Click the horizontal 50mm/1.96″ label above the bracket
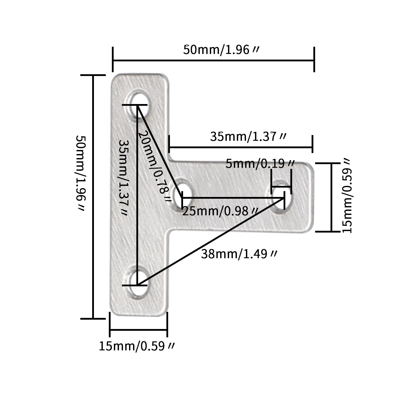[221, 50]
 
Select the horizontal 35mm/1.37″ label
[248, 137]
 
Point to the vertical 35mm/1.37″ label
[124, 178]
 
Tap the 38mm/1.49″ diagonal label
[239, 254]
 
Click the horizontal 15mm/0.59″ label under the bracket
[137, 346]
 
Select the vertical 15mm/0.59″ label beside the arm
[347, 196]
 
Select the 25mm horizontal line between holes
[233, 198]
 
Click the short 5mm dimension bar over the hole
[281, 187]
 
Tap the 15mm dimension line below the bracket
[139, 330]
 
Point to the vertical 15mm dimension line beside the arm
[331, 197]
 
